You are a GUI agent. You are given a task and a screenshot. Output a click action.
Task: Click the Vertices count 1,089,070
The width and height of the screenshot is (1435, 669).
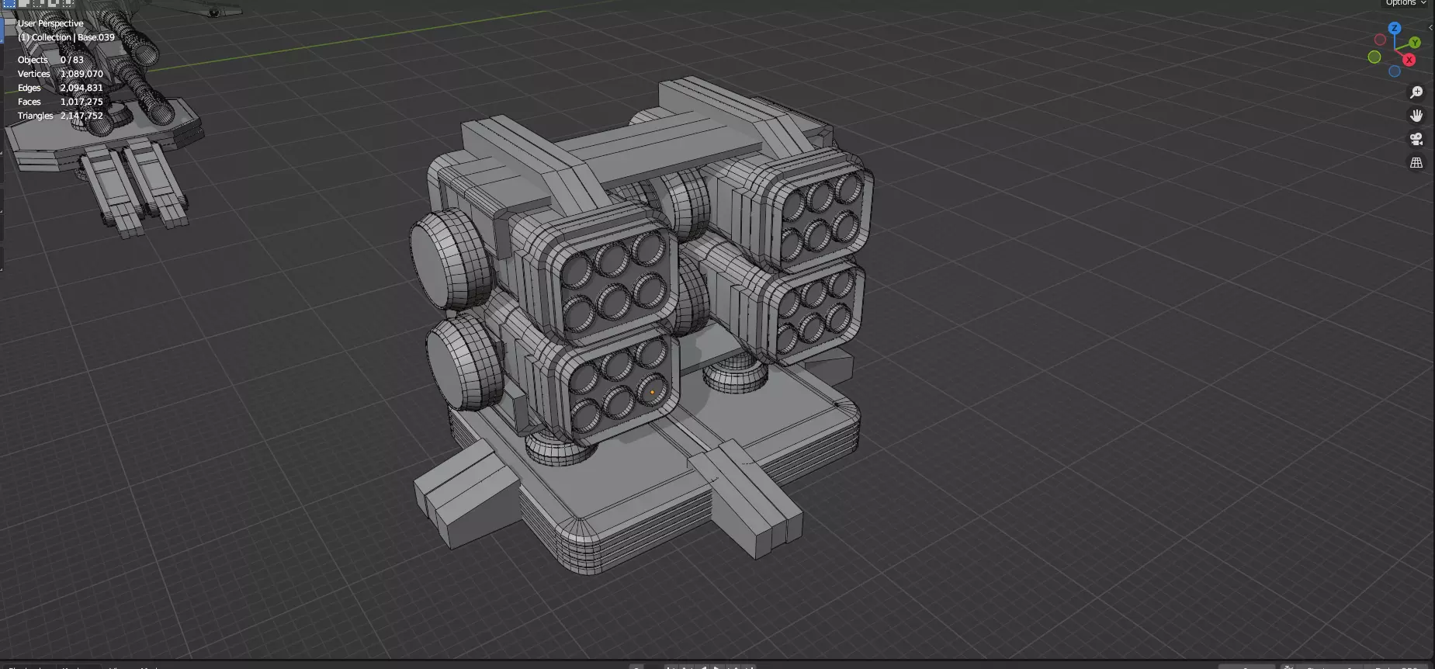81,74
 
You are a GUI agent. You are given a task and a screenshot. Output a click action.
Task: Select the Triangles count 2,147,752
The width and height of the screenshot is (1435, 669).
81,116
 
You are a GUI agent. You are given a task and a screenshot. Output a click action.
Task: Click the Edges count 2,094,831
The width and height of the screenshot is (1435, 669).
81,88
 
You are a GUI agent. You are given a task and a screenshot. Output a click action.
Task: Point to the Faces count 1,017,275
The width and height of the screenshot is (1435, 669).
81,102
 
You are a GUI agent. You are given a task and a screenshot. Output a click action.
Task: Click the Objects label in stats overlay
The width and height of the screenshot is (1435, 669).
33,60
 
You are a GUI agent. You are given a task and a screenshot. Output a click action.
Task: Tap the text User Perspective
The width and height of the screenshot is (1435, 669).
50,23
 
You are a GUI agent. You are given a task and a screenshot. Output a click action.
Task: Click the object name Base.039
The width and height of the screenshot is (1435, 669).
96,37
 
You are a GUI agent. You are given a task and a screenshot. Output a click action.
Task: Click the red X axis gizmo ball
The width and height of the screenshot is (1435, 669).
1409,60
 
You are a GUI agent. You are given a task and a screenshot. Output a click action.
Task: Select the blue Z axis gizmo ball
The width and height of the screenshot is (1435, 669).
1395,28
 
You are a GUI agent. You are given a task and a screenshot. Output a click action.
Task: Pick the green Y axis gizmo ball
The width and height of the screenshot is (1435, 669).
1415,43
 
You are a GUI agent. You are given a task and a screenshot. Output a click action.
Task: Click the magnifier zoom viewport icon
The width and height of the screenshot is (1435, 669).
1416,92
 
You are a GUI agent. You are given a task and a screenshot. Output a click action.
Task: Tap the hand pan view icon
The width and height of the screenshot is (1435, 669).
1416,116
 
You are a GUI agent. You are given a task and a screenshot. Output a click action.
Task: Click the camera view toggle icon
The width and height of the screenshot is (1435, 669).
1416,139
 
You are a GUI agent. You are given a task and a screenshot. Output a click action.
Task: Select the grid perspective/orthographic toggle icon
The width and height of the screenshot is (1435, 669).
1416,163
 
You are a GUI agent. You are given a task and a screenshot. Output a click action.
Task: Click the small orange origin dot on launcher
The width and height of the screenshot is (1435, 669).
652,393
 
